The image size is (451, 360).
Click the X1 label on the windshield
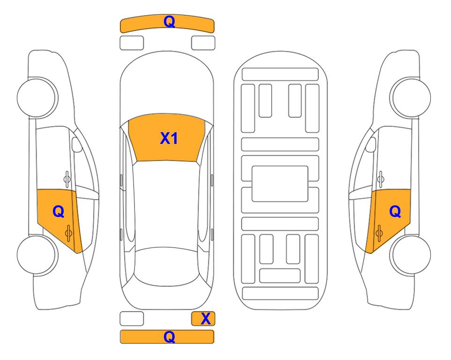tap(169, 138)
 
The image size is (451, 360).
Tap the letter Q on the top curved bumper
tap(169, 21)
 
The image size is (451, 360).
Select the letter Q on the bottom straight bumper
tap(169, 337)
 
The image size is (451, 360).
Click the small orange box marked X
tap(203, 319)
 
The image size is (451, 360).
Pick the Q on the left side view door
tap(59, 212)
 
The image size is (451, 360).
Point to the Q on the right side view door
tap(395, 212)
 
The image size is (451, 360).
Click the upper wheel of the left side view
tap(37, 97)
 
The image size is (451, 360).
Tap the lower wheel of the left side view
tap(37, 255)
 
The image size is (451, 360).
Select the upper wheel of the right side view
tap(411, 97)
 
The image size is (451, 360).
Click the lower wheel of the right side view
tap(411, 255)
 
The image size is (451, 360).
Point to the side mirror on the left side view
tap(76, 144)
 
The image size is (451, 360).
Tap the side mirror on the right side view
tap(371, 144)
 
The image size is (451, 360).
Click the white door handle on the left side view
tap(67, 179)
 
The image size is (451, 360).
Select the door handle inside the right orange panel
tap(379, 233)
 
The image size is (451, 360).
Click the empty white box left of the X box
tap(132, 319)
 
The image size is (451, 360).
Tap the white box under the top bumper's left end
tap(132, 43)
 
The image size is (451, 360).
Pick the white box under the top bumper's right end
tap(203, 43)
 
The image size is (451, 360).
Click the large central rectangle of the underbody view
tap(280, 184)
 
